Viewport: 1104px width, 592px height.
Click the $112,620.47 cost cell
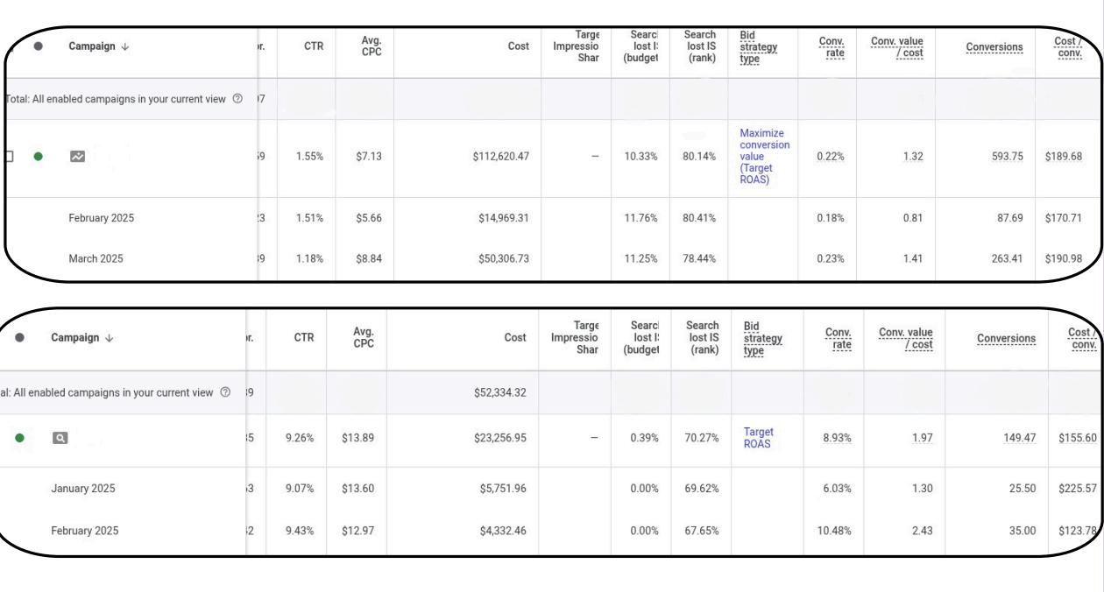(x=500, y=157)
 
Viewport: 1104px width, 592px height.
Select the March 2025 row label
(x=96, y=258)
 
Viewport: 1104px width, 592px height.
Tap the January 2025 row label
(x=82, y=489)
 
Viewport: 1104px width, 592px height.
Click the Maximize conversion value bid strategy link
(x=764, y=157)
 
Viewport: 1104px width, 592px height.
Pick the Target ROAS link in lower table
(x=758, y=438)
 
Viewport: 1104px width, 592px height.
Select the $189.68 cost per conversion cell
(x=1063, y=157)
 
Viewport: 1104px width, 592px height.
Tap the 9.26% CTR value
(x=300, y=438)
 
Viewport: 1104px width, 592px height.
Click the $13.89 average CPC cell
(x=357, y=438)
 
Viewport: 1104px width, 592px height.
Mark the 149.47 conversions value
(x=1019, y=438)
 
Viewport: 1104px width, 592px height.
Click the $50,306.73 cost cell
(x=500, y=258)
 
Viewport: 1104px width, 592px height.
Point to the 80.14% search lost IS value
(x=699, y=157)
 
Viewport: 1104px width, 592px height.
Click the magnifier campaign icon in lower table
(x=60, y=438)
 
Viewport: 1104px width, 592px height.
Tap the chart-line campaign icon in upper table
(x=78, y=157)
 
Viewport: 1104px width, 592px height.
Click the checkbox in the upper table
(x=10, y=157)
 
